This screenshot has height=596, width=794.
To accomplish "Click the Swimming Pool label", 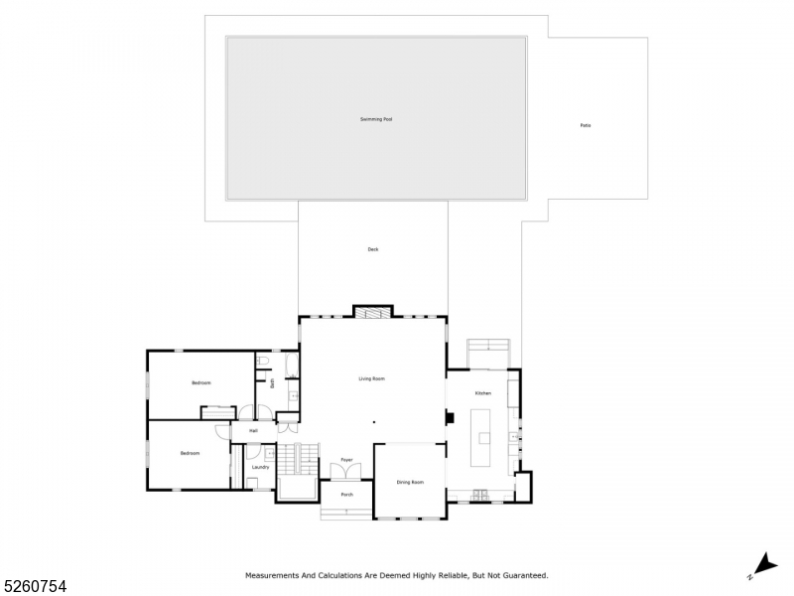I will pyautogui.click(x=376, y=119).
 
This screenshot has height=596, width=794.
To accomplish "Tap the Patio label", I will pyautogui.click(x=586, y=125).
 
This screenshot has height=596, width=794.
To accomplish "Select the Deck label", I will pyautogui.click(x=373, y=249).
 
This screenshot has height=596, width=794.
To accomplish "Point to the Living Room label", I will pyautogui.click(x=372, y=378).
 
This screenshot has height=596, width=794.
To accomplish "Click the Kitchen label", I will pyautogui.click(x=482, y=393).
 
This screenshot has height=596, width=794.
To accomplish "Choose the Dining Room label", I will pyautogui.click(x=410, y=482).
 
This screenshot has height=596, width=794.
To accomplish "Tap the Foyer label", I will pyautogui.click(x=347, y=460).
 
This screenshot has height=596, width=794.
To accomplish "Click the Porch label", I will pyautogui.click(x=347, y=494).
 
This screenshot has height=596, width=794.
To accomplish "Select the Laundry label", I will pyautogui.click(x=261, y=467).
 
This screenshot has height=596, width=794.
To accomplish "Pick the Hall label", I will pyautogui.click(x=253, y=431).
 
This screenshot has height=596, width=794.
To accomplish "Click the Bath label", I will pyautogui.click(x=272, y=382).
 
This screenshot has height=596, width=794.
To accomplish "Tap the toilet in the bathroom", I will pyautogui.click(x=262, y=363).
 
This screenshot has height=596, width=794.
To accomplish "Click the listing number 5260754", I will pyautogui.click(x=34, y=586).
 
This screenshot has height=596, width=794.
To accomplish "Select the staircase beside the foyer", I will pyautogui.click(x=287, y=460).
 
